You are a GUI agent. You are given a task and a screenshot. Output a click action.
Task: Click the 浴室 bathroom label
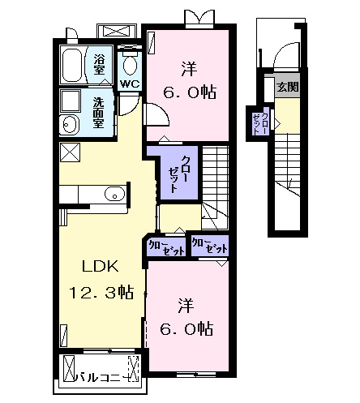pos(100,64)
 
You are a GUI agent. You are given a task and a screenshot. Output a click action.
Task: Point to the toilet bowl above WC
pos(129,63)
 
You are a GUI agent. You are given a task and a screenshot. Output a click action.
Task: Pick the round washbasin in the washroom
pos(69,124)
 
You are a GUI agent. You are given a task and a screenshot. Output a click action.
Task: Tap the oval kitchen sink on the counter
pos(115,193)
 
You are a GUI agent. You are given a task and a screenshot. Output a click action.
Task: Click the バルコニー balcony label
pos(101,375)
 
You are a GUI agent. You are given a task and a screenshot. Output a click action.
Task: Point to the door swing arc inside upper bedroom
pos(158,114)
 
